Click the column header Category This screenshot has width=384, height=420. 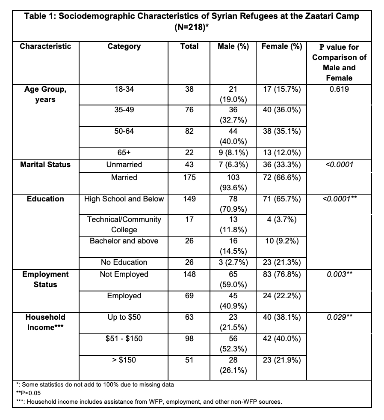pos(124,46)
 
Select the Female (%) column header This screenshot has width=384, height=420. pos(282,46)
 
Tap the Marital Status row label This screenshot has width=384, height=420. pos(45,165)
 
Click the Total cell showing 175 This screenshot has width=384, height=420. pos(189,177)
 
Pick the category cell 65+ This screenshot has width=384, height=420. pos(124,153)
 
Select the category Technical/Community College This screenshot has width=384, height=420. pos(124,225)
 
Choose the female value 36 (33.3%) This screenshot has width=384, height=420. pos(282,165)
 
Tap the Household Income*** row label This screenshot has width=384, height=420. pos(45,322)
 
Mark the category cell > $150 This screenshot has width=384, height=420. pos(124,360)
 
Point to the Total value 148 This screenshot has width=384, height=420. pos(189,274)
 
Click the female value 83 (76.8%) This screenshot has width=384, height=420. pos(282,274)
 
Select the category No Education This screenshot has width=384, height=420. pos(124,262)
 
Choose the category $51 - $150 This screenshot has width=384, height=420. pos(124,339)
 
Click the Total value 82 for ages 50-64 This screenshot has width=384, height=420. pos(189,131)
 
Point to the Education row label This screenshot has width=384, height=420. pos(45,199)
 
